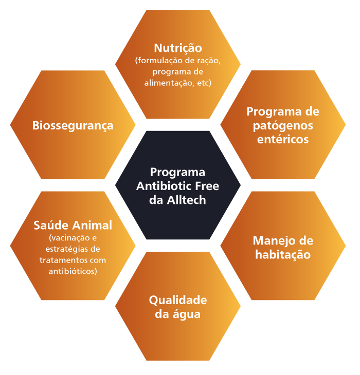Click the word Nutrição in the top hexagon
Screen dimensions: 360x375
click(x=178, y=49)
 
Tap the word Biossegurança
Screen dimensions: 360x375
click(x=73, y=126)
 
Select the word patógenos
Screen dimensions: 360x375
click(x=283, y=126)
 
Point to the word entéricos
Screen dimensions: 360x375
click(x=283, y=139)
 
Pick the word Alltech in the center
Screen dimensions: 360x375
click(x=187, y=200)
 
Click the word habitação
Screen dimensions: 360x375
click(x=283, y=255)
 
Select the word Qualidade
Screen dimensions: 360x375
click(x=178, y=301)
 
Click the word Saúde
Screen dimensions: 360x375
click(x=51, y=226)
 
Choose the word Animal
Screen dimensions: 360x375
click(x=92, y=226)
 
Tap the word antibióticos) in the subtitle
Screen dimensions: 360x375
click(x=73, y=271)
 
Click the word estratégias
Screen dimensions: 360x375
click(x=65, y=249)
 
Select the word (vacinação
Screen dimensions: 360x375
click(x=66, y=238)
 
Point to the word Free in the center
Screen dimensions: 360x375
click(x=207, y=186)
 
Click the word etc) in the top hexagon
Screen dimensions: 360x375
click(x=204, y=83)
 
